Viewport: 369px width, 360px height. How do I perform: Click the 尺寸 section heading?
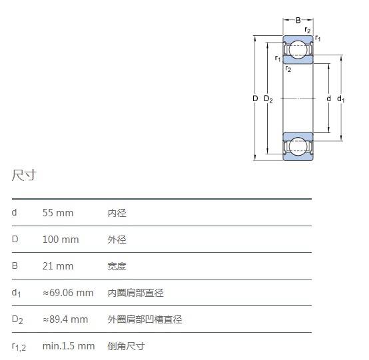[24, 175]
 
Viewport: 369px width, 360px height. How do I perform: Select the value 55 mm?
[58, 213]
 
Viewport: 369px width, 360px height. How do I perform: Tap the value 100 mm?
[61, 240]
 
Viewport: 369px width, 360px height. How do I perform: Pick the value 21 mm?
[58, 266]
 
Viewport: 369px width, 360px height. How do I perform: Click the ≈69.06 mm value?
[68, 293]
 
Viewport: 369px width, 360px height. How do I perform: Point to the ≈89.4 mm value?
[65, 319]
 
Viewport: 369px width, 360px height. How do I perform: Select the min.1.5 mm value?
[69, 346]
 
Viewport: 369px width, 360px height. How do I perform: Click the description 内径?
[117, 213]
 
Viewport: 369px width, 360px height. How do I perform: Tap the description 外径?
[117, 240]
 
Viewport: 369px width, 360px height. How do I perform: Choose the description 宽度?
[117, 266]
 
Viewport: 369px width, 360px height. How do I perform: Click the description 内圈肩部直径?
[136, 293]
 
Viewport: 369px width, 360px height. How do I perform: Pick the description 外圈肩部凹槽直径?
[145, 319]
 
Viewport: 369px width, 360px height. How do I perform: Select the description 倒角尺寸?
[127, 346]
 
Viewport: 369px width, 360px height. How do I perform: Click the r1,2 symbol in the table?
[19, 347]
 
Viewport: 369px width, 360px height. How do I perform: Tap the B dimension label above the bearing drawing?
[298, 21]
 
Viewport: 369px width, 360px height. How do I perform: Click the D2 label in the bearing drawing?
[268, 99]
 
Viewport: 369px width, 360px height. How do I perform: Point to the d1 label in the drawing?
[340, 99]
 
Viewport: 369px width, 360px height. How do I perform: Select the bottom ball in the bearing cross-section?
[298, 146]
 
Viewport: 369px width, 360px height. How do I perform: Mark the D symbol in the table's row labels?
[15, 240]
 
